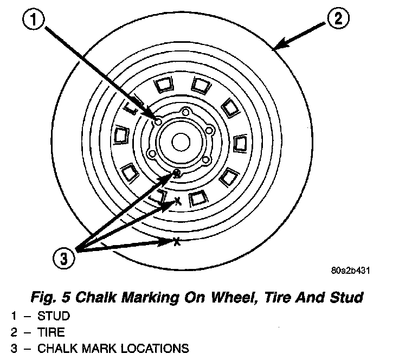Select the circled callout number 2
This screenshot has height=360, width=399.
pos(338,21)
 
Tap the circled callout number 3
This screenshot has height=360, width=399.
pos(64,259)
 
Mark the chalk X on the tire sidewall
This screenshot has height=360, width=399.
pos(176,241)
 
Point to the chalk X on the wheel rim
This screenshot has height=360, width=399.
pos(177,202)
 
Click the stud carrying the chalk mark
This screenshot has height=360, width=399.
pos(177,173)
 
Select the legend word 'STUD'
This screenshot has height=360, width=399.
pos(54,316)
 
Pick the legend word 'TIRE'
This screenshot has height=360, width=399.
pos(52,331)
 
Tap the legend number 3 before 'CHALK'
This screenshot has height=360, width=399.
pos(14,348)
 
